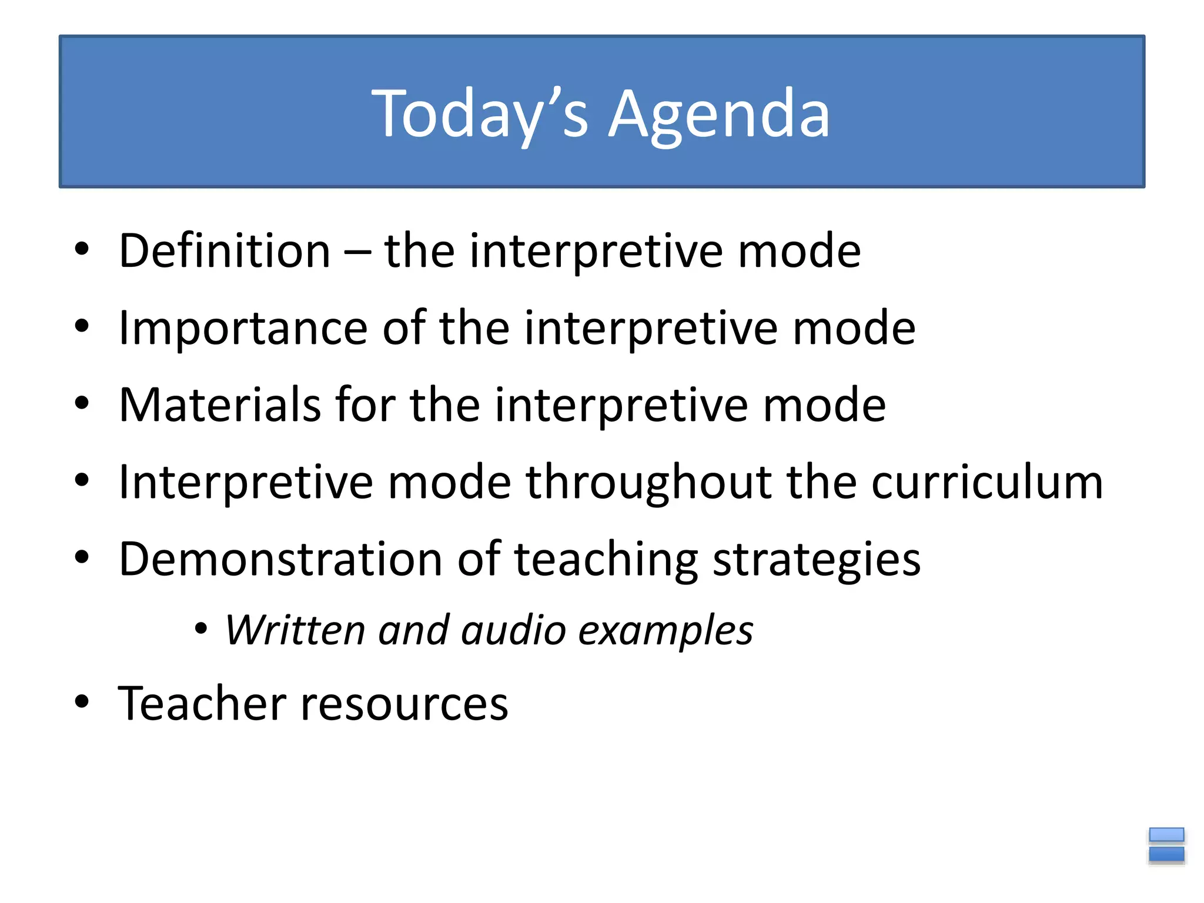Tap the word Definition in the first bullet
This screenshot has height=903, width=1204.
point(225,250)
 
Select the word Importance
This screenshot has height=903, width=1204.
point(243,327)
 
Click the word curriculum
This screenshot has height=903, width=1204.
point(987,482)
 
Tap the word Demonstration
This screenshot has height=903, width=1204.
point(280,559)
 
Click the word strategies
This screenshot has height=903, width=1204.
point(817,559)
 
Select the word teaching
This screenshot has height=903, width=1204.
point(606,559)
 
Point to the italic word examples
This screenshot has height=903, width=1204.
point(665,630)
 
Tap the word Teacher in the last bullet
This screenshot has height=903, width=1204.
point(202,703)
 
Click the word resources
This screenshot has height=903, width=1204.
point(404,703)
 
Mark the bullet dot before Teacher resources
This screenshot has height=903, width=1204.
point(82,701)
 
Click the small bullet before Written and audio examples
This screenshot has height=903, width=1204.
point(201,629)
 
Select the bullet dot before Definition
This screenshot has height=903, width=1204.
point(82,249)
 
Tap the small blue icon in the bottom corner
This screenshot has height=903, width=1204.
point(1166,845)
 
